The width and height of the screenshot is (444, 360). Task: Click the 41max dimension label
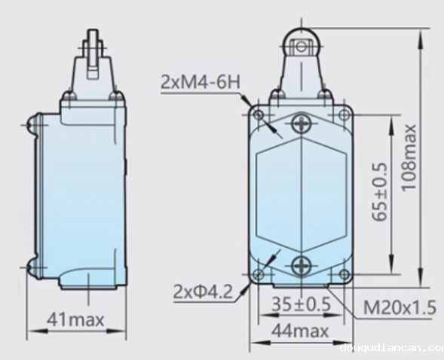pyautogui.click(x=75, y=319)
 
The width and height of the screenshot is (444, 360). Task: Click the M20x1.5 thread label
pyautogui.click(x=400, y=308)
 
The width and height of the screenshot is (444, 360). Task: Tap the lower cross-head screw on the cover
pyautogui.click(x=302, y=264)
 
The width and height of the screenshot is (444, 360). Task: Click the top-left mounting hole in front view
pyautogui.click(x=260, y=115)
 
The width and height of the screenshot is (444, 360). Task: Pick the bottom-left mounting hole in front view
pyautogui.click(x=260, y=274)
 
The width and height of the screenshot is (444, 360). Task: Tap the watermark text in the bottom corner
pyautogui.click(x=391, y=348)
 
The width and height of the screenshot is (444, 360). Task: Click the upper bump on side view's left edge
pyautogui.click(x=32, y=124)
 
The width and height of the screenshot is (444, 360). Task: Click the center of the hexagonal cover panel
pyautogui.click(x=302, y=194)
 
